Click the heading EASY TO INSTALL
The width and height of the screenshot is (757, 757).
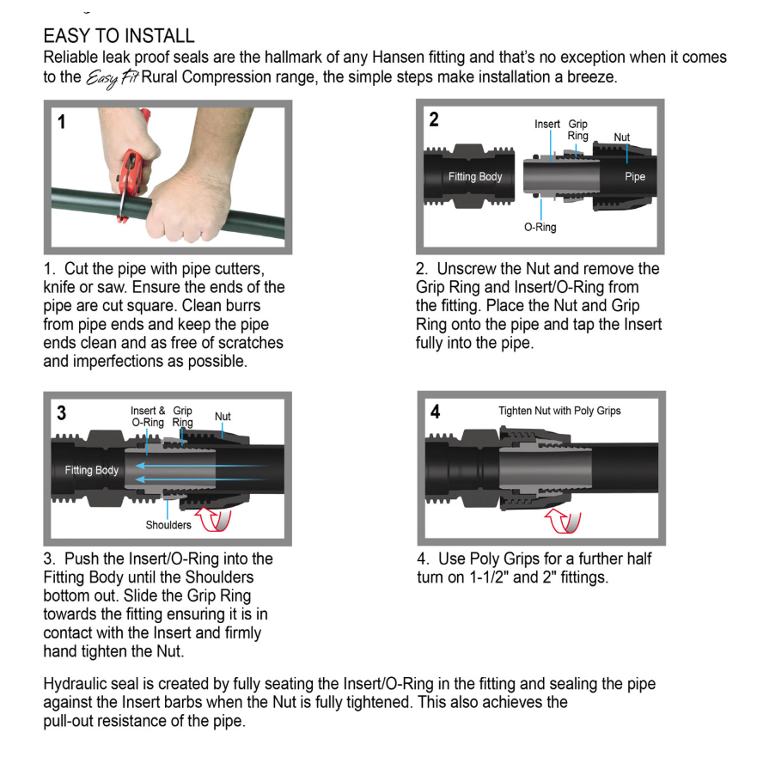coord(119,36)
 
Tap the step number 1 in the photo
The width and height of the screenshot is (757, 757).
coord(61,122)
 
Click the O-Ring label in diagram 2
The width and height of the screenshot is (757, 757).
coord(540,228)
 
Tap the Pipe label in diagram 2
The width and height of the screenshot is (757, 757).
coord(635,177)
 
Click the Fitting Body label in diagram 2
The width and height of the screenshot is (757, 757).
coord(475,177)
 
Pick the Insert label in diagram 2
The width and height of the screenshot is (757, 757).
coord(547,125)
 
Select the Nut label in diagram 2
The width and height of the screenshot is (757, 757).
coord(621,137)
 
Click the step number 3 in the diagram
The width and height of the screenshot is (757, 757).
coord(61,412)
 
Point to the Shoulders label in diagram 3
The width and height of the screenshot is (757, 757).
coord(168,525)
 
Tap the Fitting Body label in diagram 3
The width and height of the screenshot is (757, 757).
coord(91,470)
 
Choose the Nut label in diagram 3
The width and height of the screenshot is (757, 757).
coord(223,417)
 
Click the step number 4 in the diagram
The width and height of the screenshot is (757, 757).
coord(436,412)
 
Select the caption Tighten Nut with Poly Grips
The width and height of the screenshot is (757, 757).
coord(559,411)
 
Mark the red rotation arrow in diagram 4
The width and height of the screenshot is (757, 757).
coord(564,522)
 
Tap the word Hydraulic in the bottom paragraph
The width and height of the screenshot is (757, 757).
coord(76,684)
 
